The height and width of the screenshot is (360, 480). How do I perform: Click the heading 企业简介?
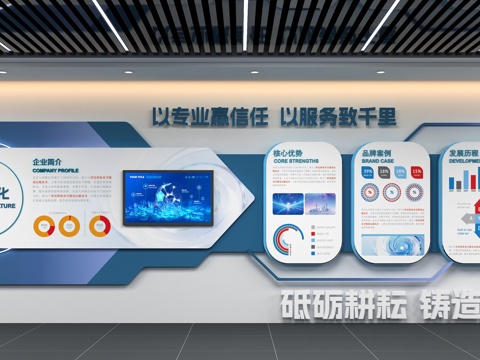click(x=48, y=162)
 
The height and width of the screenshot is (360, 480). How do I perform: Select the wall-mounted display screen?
click(x=167, y=198)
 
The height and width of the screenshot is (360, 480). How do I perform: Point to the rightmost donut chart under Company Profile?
click(x=99, y=226)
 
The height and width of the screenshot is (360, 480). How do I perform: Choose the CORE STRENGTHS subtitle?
click(x=296, y=162)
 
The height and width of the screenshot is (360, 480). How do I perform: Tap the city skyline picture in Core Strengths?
click(x=321, y=204)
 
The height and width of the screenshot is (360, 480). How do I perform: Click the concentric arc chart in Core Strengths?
click(x=289, y=241)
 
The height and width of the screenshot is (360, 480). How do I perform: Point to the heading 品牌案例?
click(x=378, y=153)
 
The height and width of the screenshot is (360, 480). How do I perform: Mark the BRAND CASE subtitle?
click(x=377, y=161)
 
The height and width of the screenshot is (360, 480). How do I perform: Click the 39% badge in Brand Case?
click(x=369, y=172)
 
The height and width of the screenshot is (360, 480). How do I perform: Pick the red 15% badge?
click(x=417, y=172)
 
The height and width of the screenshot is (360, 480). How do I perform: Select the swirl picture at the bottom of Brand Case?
click(x=393, y=246)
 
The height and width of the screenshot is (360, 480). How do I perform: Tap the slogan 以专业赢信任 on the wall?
click(x=210, y=116)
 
